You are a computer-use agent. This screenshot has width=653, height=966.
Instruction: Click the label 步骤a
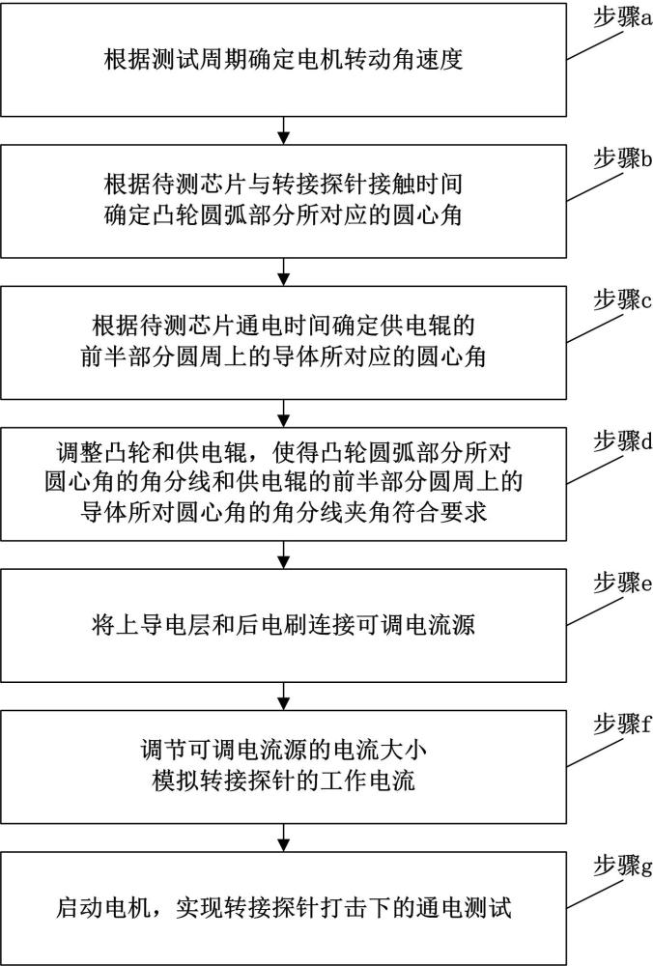point(622,17)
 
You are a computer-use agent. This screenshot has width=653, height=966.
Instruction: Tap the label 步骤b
point(622,159)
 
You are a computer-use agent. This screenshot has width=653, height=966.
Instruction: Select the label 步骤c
point(622,300)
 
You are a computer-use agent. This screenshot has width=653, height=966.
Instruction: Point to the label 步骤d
point(622,441)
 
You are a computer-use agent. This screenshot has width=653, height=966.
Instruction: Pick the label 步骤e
point(622,582)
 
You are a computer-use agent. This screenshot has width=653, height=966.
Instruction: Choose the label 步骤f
point(622,724)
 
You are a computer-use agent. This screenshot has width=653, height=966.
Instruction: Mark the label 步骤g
point(622,866)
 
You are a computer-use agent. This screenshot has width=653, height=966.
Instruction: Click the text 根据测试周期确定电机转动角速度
point(283,60)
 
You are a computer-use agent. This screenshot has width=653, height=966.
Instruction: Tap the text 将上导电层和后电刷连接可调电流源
point(283,625)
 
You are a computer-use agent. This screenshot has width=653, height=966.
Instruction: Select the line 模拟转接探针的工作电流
point(283,781)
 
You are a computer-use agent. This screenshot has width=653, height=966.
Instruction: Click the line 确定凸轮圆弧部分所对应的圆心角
point(283,216)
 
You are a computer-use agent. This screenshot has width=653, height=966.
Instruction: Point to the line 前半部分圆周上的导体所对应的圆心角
point(283,357)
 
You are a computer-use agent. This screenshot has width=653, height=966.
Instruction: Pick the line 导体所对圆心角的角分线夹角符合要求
point(283,513)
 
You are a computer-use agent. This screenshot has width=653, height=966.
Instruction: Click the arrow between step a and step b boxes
point(283,130)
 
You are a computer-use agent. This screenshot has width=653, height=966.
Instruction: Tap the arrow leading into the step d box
point(283,412)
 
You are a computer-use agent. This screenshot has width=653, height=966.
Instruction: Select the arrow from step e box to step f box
point(283,696)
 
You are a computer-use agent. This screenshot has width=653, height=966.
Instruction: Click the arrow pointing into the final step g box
point(283,838)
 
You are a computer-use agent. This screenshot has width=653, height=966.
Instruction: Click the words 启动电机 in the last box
point(103,908)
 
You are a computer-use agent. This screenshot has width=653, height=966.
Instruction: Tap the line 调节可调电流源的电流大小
point(283,751)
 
